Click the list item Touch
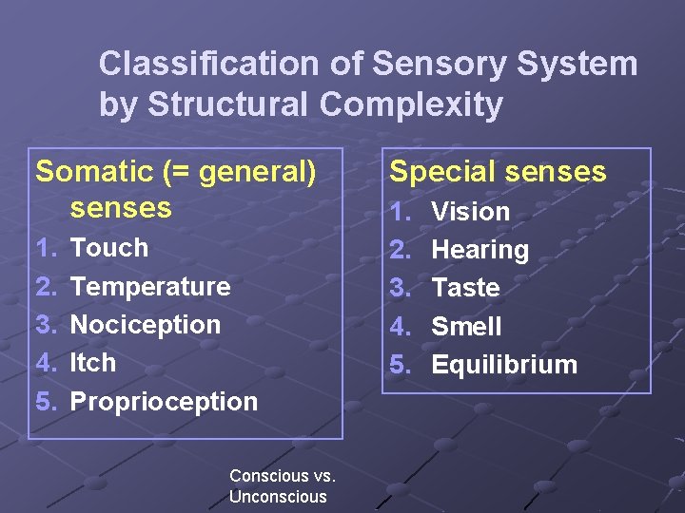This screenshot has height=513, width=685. (109, 248)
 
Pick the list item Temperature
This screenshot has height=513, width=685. (150, 286)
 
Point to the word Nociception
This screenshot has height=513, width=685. (146, 324)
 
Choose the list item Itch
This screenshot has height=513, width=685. (93, 362)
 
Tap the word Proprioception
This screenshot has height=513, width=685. (164, 401)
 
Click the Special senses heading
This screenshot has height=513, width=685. (498, 172)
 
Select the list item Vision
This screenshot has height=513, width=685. (471, 212)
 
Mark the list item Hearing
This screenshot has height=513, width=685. (479, 250)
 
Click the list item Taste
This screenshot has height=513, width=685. (465, 287)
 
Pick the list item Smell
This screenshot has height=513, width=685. (466, 326)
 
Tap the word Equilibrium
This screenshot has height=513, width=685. (504, 365)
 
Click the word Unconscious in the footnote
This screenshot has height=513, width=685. (278, 497)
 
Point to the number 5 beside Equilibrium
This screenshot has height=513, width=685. (400, 365)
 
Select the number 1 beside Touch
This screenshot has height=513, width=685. (44, 248)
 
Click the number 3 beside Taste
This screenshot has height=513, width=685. (400, 287)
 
